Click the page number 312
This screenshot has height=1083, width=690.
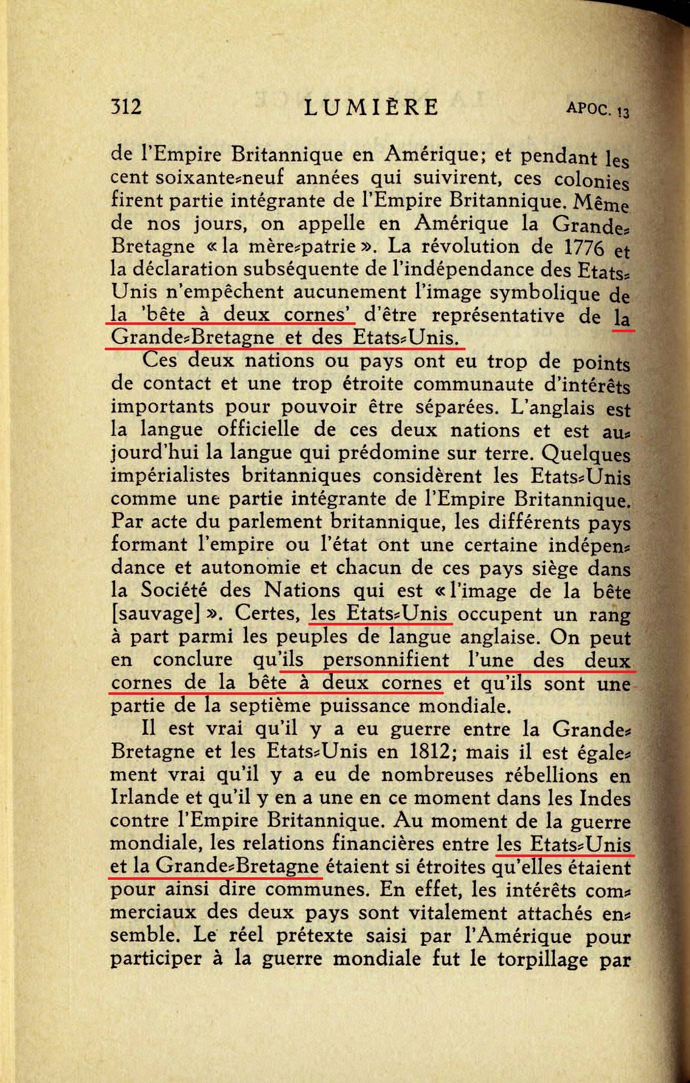(126, 107)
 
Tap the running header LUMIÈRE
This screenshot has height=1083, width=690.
(371, 107)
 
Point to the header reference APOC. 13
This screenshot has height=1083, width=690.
(598, 109)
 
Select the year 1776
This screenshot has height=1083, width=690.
(583, 247)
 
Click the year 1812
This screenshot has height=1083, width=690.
(428, 751)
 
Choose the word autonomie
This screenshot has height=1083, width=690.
(250, 567)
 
